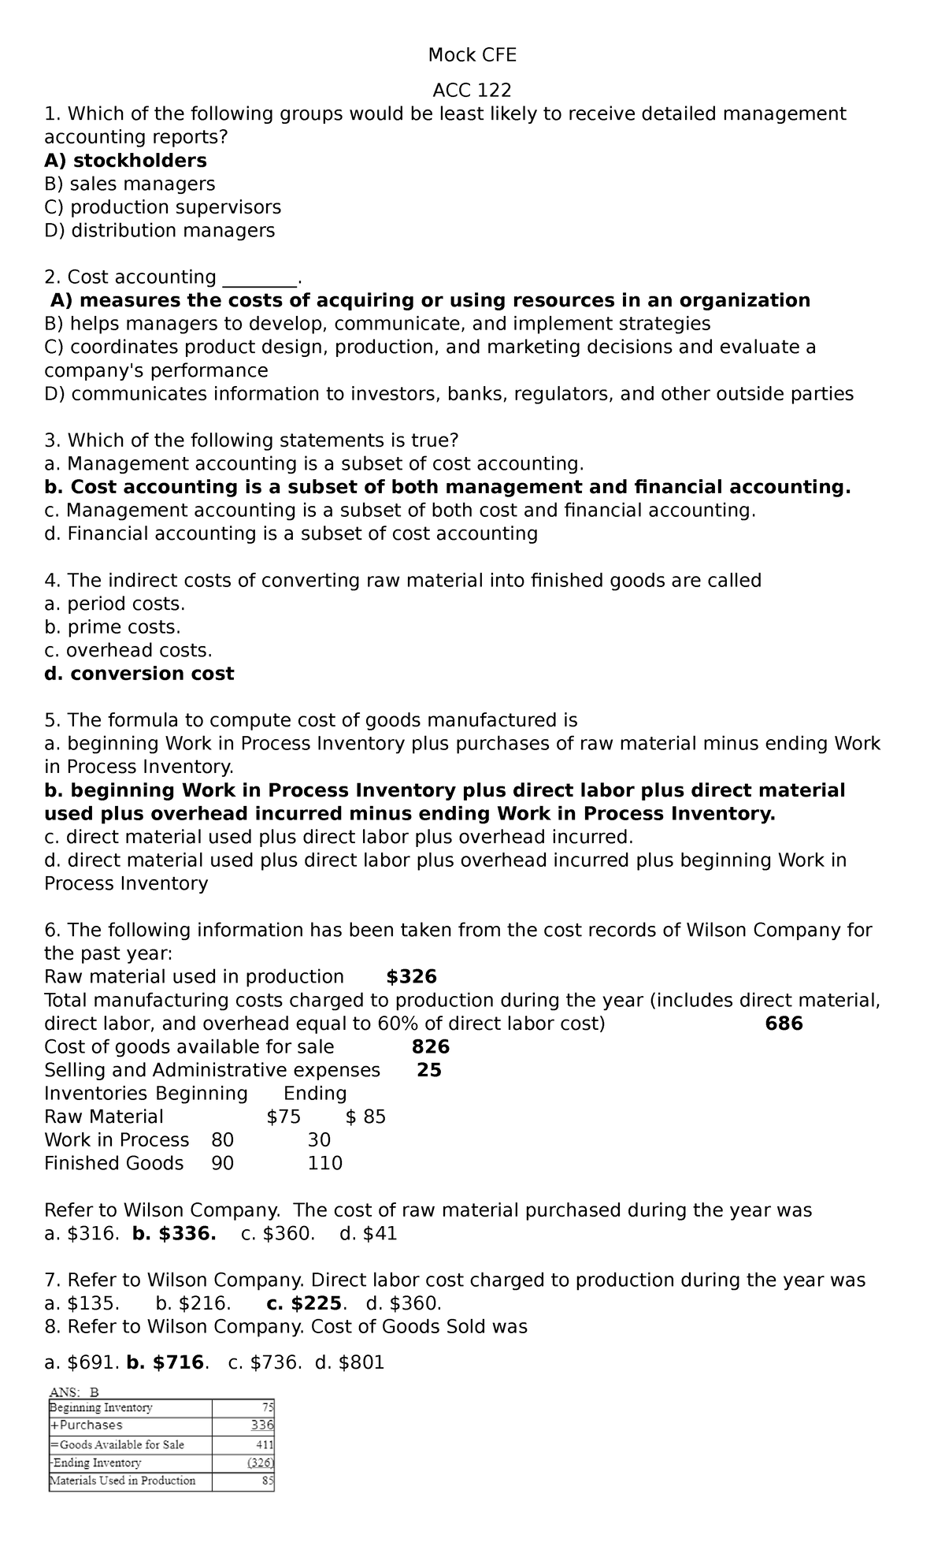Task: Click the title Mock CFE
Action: [472, 55]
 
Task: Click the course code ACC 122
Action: [472, 90]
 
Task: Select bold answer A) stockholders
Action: [125, 161]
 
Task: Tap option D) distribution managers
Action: [159, 231]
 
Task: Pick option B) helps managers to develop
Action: [377, 324]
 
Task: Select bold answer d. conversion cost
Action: [139, 674]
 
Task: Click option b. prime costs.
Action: [113, 627]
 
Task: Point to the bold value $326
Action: [411, 977]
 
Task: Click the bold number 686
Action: [784, 1024]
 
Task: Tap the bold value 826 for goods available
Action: [431, 1047]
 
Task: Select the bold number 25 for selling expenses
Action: [429, 1070]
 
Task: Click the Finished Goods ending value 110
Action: [324, 1164]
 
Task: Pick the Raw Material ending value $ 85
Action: [365, 1117]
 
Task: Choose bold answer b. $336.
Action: [174, 1234]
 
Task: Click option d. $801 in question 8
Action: [349, 1362]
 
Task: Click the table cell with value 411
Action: [264, 1444]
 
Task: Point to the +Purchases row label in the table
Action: [87, 1425]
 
